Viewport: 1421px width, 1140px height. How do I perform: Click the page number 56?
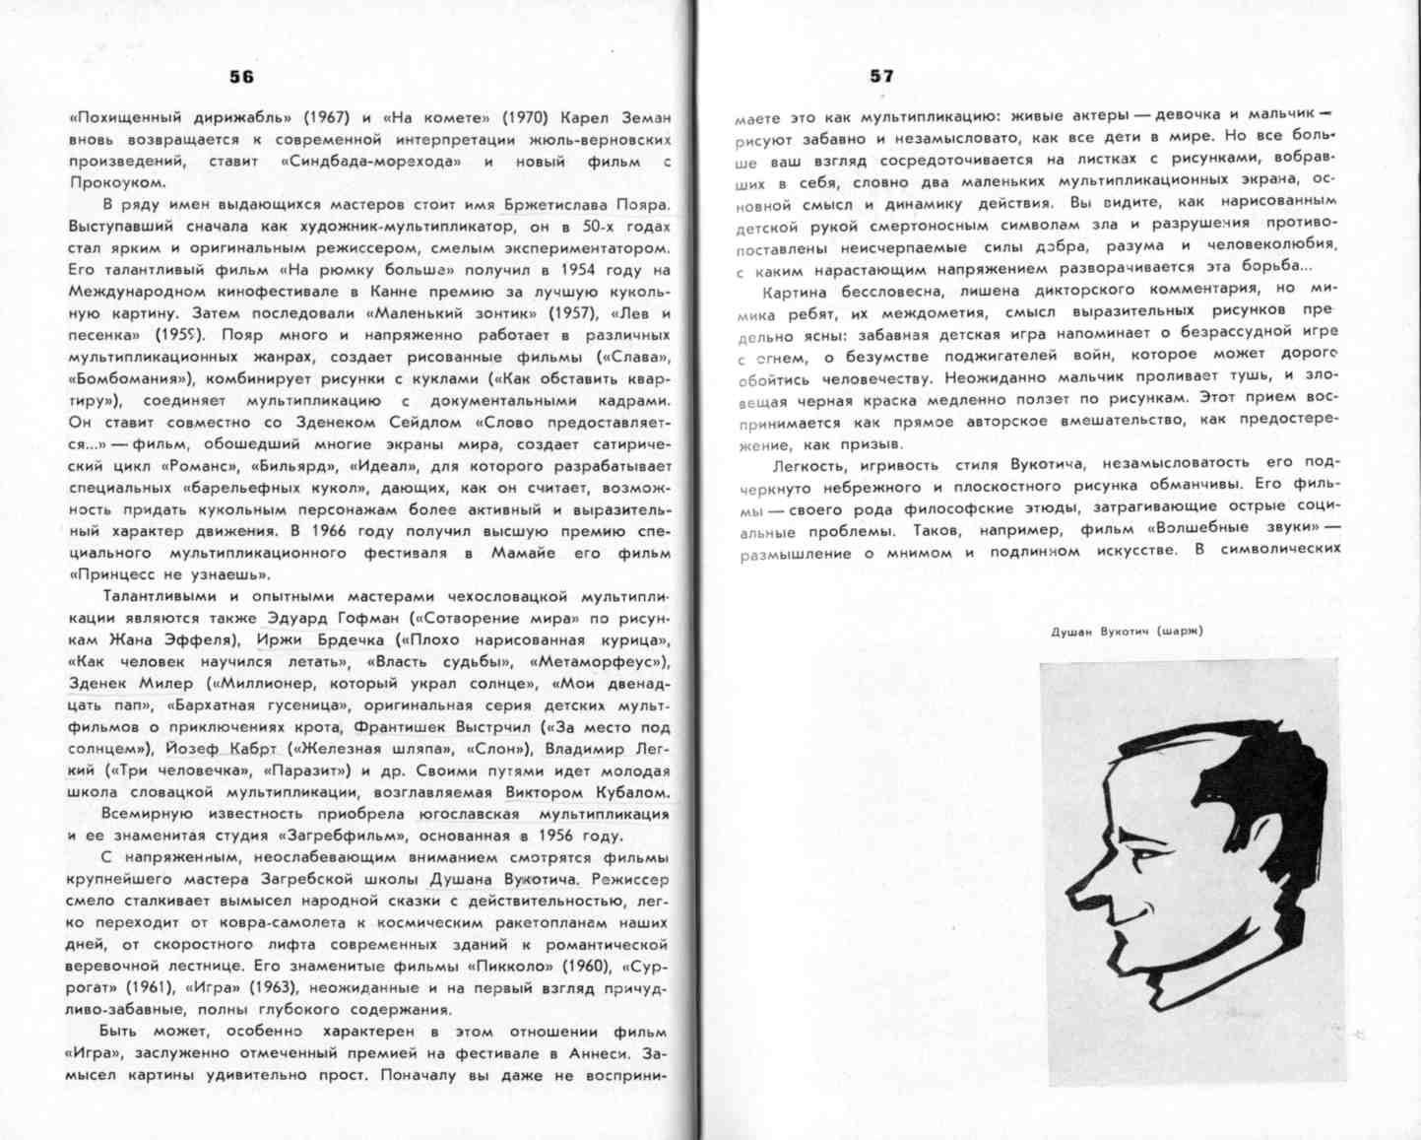(241, 77)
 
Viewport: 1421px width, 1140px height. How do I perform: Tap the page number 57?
(881, 76)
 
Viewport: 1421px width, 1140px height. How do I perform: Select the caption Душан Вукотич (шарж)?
(1127, 631)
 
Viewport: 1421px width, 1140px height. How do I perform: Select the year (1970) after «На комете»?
(525, 117)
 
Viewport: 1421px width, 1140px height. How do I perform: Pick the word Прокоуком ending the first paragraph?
(117, 182)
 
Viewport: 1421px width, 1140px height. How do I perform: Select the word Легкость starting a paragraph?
(808, 464)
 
